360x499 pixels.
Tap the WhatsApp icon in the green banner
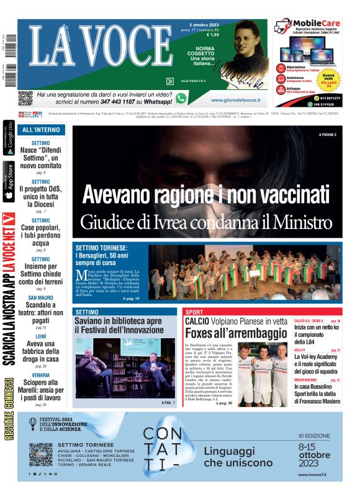[x=181, y=97]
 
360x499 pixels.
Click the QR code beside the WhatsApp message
[x=25, y=98]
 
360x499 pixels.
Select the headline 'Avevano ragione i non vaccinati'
[x=206, y=194]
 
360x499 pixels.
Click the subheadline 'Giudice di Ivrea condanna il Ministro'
[x=206, y=220]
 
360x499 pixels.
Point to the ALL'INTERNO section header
[x=41, y=130]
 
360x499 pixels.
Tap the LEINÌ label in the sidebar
[x=41, y=336]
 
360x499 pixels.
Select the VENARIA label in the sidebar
[x=41, y=375]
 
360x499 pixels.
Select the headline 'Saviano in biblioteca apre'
[x=118, y=321]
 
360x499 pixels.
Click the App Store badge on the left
[x=9, y=182]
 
